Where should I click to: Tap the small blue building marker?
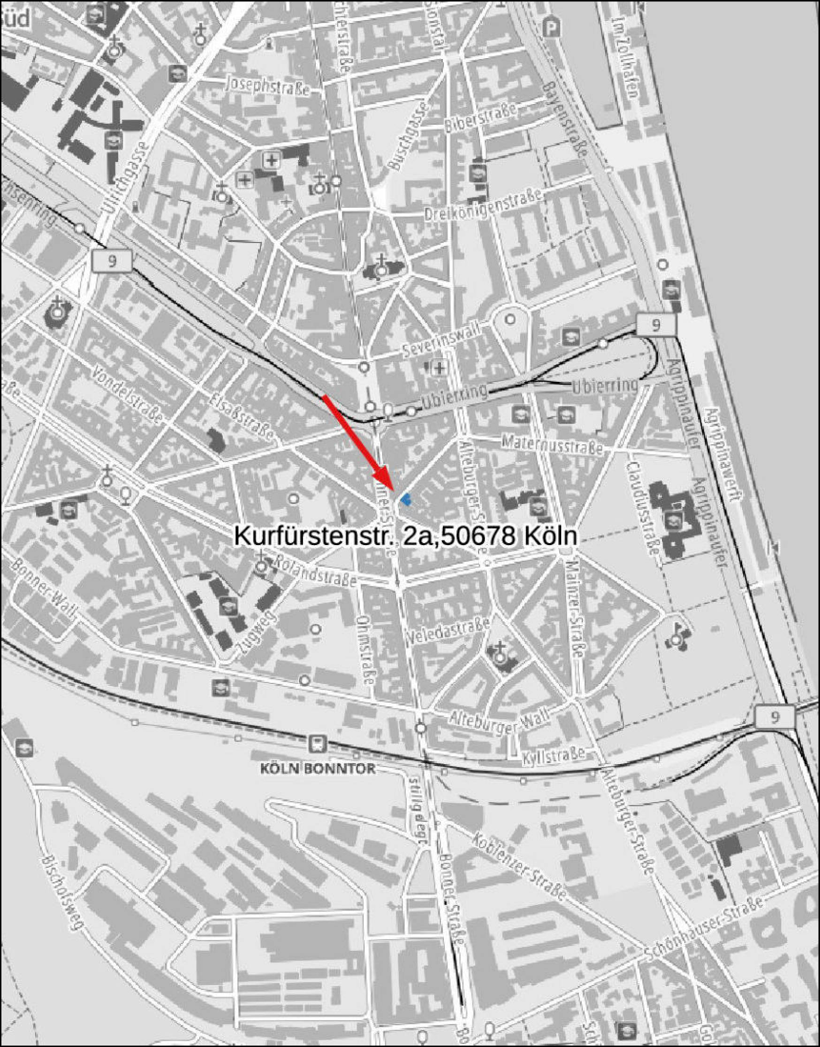point(406,500)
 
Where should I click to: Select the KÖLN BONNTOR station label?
point(317,768)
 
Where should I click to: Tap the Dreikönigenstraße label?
point(483,205)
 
